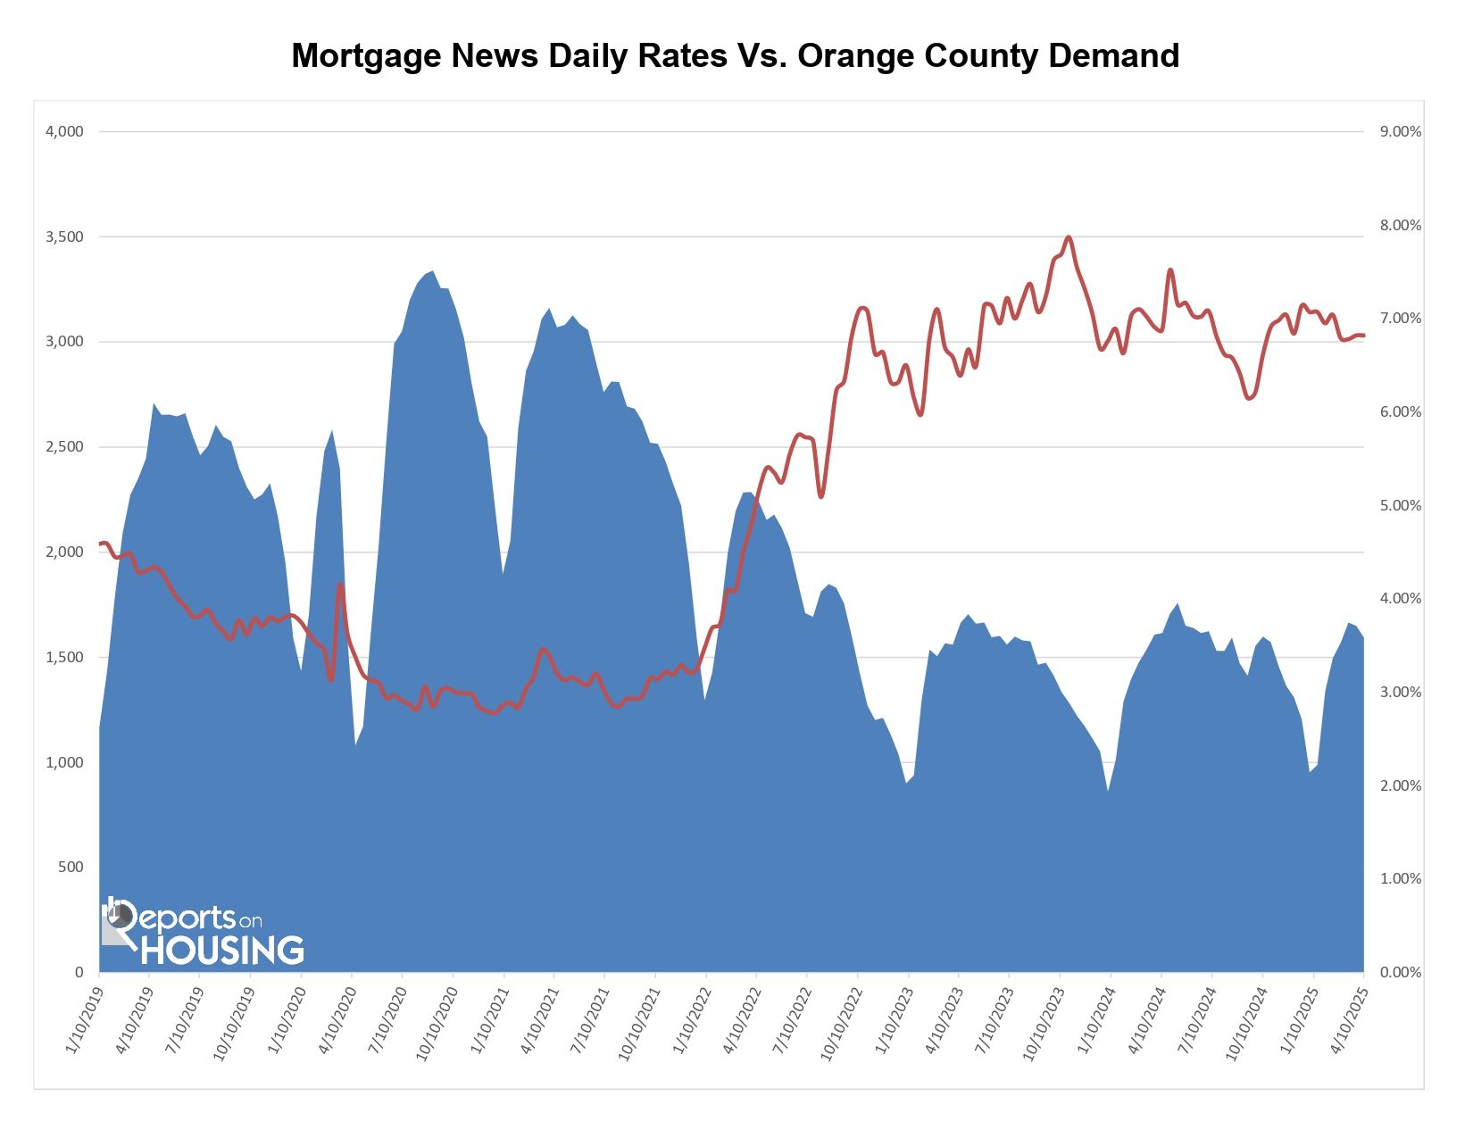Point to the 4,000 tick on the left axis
tap(64, 131)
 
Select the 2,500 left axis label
tap(64, 446)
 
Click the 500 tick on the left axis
tap(71, 867)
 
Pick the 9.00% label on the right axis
tap(1400, 131)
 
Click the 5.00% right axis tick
tap(1400, 505)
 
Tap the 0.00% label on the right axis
tap(1400, 972)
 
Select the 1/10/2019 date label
tap(83, 1020)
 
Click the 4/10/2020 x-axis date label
tap(336, 1020)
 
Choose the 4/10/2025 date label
tap(1347, 1020)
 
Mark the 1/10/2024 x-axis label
tap(1094, 1020)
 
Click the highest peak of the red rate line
tap(1069, 237)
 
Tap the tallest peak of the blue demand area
tap(432, 272)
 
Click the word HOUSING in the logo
tap(222, 950)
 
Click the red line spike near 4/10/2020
tap(340, 585)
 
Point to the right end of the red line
tap(1362, 336)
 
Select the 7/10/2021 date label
tap(588, 1020)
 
